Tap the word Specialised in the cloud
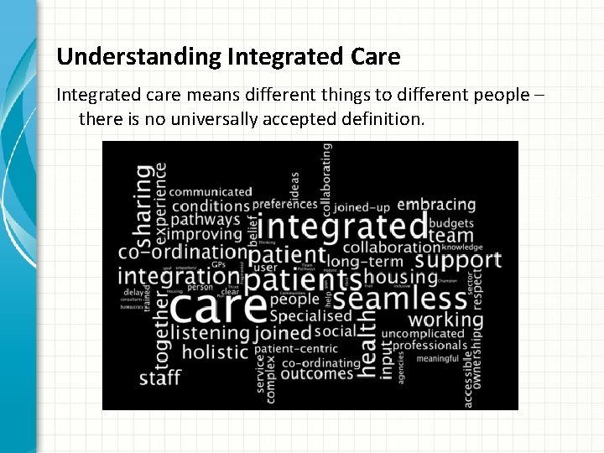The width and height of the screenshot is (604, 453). tap(310, 316)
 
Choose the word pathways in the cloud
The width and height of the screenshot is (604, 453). tap(207, 220)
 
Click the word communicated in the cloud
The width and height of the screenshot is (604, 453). tap(211, 191)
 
